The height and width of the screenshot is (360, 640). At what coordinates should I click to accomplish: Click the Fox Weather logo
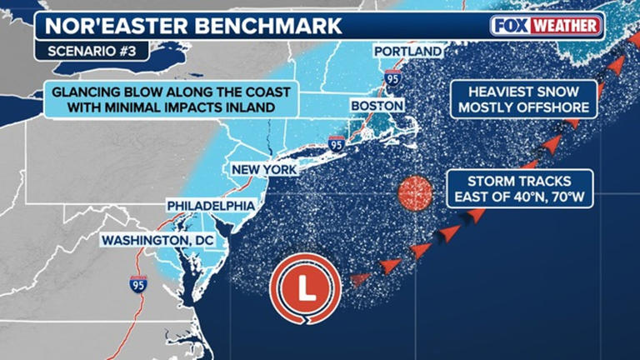coord(547,25)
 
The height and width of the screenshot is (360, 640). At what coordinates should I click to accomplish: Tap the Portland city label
coord(407,52)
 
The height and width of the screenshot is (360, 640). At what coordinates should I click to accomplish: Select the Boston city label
coord(378,106)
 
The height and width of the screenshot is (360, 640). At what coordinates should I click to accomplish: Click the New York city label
coord(263,170)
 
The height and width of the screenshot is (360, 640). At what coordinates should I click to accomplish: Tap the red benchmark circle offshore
coord(416,194)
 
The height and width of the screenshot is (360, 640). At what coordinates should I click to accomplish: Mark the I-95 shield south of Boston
coord(337,143)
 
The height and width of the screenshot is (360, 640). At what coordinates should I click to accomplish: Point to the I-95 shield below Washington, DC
coord(138,284)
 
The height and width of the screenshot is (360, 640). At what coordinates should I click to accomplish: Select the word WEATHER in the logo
coord(569,25)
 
